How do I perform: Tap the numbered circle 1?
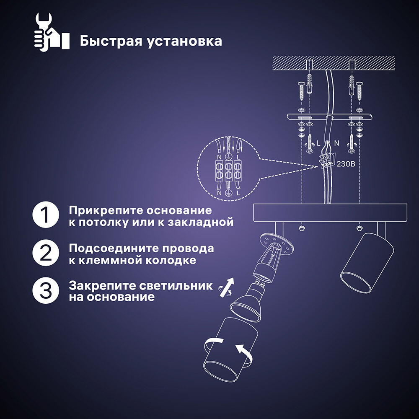[x=46, y=215]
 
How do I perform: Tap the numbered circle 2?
[x=46, y=253]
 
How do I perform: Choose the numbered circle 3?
[x=46, y=291]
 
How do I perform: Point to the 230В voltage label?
[x=346, y=164]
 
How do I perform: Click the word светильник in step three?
[x=176, y=286]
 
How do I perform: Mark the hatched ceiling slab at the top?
[x=334, y=63]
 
